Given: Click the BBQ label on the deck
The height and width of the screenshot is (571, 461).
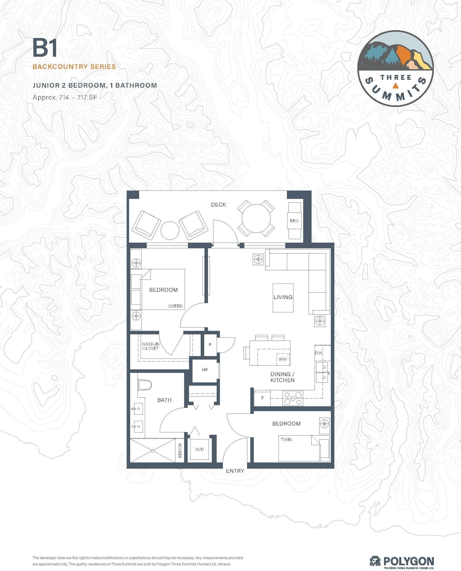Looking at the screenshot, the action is pyautogui.click(x=294, y=221).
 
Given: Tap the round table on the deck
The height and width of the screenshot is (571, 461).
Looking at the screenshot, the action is pyautogui.click(x=256, y=218).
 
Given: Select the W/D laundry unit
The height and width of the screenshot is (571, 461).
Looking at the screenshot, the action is pyautogui.click(x=200, y=449).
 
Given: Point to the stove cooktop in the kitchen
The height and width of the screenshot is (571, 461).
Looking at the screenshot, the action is pyautogui.click(x=293, y=398).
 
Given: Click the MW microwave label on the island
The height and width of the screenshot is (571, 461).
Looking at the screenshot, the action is pyautogui.click(x=283, y=359).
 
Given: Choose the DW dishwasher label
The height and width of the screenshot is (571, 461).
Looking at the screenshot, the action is pyautogui.click(x=318, y=353).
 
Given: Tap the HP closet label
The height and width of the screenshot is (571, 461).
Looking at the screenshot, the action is pyautogui.click(x=205, y=370).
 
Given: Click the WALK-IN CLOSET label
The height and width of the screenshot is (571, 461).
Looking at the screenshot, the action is pyautogui.click(x=151, y=346).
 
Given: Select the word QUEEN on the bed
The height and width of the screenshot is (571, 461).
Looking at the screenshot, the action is pyautogui.click(x=175, y=306).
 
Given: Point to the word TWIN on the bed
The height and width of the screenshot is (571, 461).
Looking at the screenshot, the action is pyautogui.click(x=286, y=439).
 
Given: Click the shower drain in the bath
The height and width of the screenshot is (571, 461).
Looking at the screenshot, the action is pyautogui.click(x=153, y=451).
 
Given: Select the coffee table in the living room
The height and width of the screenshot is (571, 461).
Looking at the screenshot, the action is pyautogui.click(x=283, y=298).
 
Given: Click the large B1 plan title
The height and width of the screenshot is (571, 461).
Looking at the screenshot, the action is pyautogui.click(x=45, y=48).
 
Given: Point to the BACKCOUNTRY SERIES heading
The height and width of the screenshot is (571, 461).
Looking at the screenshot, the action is pyautogui.click(x=74, y=66).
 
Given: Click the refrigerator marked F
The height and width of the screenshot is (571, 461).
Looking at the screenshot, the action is pyautogui.click(x=262, y=398).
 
